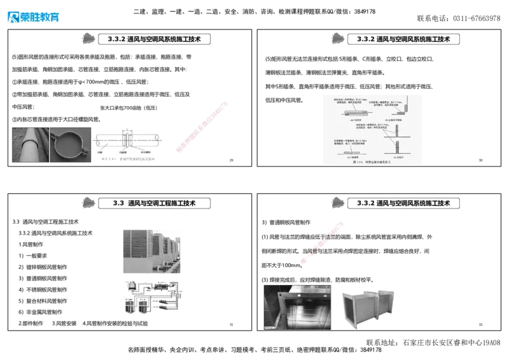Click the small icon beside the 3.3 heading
90,203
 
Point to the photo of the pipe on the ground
29,145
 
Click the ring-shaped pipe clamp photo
70,145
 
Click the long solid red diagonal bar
200,127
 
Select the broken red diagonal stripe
323,241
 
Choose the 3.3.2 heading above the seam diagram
403,39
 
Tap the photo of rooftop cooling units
153,252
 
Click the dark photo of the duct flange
297,307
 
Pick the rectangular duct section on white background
368,307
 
